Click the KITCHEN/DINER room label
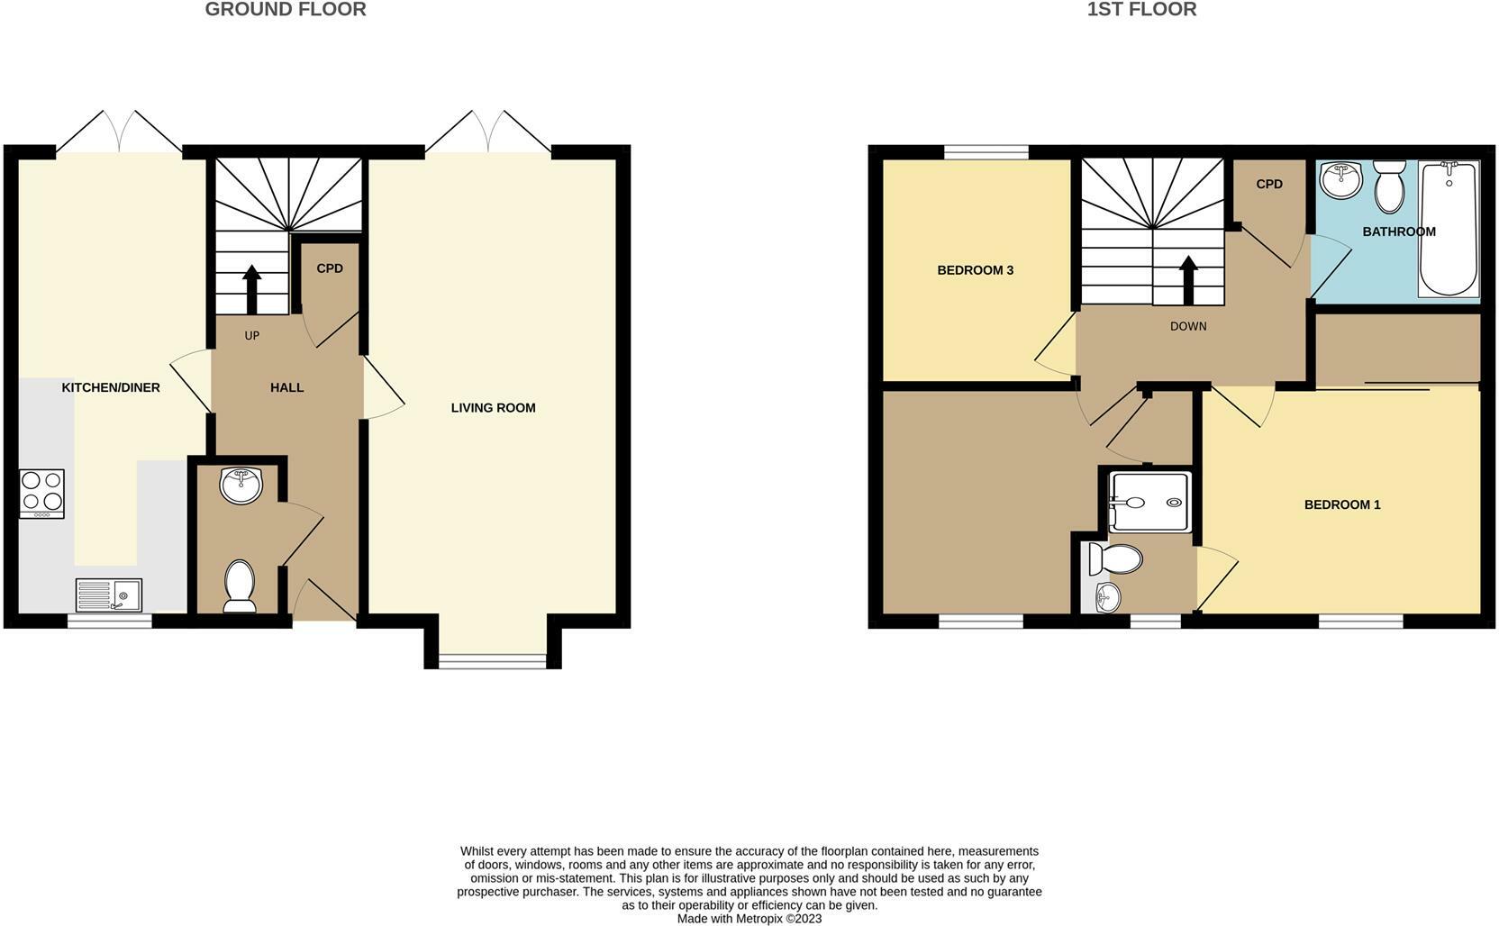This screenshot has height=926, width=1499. click(x=111, y=387)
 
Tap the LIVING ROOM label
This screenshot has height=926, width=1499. click(x=493, y=408)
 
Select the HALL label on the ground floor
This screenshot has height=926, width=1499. click(x=286, y=387)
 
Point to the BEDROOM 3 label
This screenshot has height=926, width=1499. click(x=975, y=270)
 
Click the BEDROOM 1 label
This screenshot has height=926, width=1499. click(x=1341, y=504)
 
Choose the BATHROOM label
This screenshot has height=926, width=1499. click(x=1398, y=231)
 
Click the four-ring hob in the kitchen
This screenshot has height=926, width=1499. click(x=42, y=494)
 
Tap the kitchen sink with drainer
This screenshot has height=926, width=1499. click(x=109, y=595)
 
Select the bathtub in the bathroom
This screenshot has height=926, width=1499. click(x=1449, y=229)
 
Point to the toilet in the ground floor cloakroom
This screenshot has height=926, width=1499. click(x=240, y=586)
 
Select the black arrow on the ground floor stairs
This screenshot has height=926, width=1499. click(x=251, y=288)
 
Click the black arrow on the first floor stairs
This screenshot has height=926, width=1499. click(x=1187, y=279)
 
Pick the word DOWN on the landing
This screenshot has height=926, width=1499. click(x=1187, y=326)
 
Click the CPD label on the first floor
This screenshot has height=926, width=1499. click(x=1268, y=184)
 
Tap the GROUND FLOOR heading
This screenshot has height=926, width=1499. click(x=286, y=10)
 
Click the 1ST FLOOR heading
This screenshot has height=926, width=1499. click(x=1141, y=10)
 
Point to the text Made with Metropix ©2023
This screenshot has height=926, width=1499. click(x=749, y=919)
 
